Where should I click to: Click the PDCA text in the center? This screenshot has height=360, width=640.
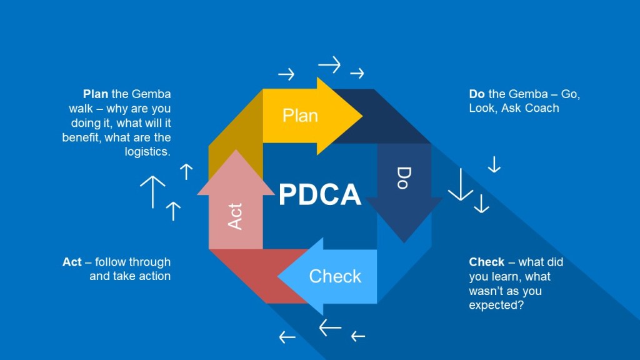click(x=319, y=194)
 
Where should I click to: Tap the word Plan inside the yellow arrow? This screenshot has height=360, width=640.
click(x=300, y=116)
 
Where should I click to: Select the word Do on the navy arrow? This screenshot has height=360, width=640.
click(x=404, y=178)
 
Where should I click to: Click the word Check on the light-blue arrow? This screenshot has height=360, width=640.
click(x=335, y=276)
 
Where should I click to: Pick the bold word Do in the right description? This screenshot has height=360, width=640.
click(x=477, y=94)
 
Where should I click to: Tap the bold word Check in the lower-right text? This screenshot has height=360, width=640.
click(x=487, y=262)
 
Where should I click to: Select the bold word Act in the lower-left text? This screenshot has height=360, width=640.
click(x=72, y=262)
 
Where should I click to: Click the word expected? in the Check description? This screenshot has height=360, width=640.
click(x=496, y=305)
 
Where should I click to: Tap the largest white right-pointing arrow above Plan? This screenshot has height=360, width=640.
click(x=329, y=64)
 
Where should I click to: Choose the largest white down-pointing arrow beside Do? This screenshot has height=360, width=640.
click(x=461, y=184)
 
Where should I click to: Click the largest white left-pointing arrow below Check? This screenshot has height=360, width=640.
click(x=330, y=327)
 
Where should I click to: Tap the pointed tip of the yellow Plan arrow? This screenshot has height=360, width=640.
click(x=362, y=116)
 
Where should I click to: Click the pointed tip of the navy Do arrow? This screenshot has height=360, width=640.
click(x=404, y=242)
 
